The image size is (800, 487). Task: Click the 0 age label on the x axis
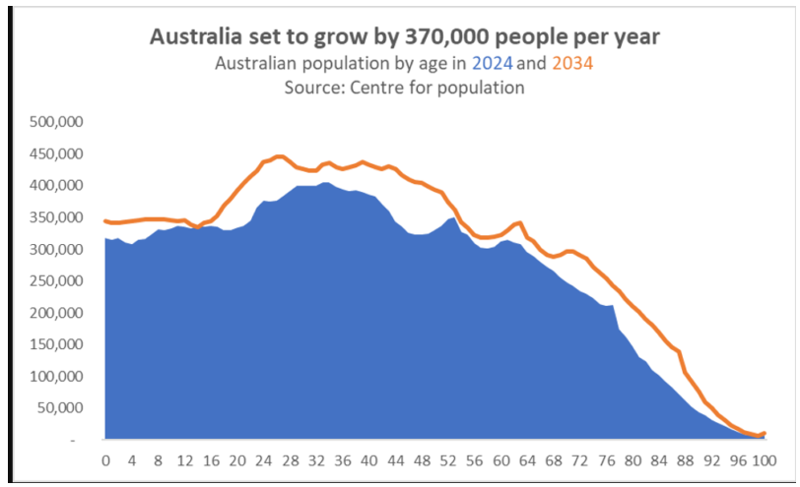coord(106,459)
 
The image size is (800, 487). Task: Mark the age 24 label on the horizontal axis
coord(264,459)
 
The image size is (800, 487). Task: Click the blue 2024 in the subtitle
coord(493,64)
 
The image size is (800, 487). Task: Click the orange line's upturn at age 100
coord(764,433)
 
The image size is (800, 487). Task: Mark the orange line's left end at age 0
coord(105,220)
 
